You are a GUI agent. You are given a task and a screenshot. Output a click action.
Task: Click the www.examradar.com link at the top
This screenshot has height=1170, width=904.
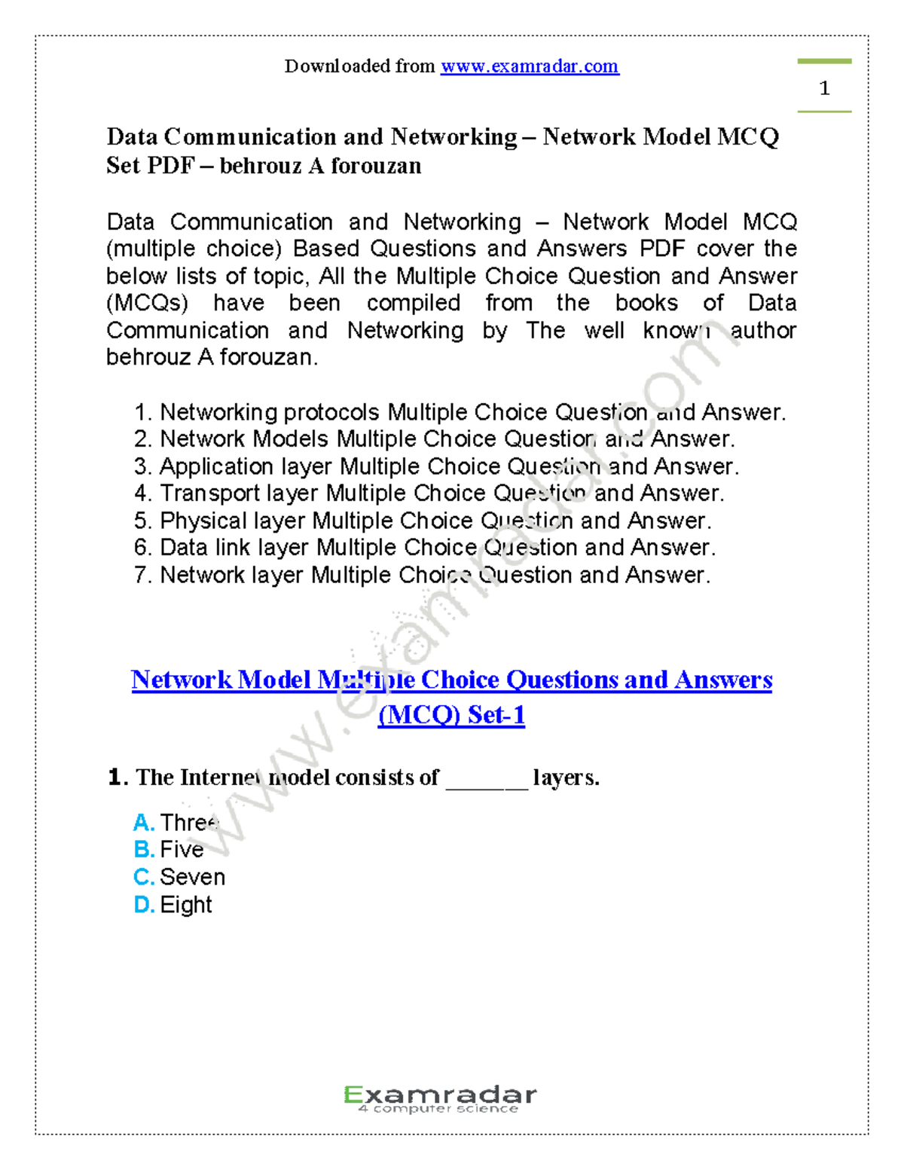(530, 66)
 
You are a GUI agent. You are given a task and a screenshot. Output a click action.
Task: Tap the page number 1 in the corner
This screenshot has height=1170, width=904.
(824, 88)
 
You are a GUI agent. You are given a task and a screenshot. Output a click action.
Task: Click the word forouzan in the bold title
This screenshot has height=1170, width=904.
(376, 166)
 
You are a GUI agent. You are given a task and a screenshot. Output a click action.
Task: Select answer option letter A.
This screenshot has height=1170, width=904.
(142, 822)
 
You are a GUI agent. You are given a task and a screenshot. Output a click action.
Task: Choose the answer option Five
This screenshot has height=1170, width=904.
(182, 850)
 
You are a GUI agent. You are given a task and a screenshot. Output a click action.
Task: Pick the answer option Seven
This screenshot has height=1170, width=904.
(192, 877)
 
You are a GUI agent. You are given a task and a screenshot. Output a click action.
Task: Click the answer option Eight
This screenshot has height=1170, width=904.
(186, 905)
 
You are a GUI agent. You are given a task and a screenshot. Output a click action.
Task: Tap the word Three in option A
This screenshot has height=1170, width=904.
(189, 822)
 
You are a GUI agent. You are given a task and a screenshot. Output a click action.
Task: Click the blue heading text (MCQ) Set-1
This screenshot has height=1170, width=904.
(451, 714)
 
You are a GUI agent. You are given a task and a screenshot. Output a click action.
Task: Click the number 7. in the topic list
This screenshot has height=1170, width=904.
(143, 575)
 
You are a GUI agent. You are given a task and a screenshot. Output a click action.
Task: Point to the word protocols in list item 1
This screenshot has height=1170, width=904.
(331, 412)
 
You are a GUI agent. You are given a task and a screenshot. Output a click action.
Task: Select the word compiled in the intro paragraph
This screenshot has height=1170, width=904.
(413, 303)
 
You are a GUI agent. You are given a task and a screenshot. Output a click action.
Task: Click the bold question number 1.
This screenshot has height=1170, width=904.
(115, 777)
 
